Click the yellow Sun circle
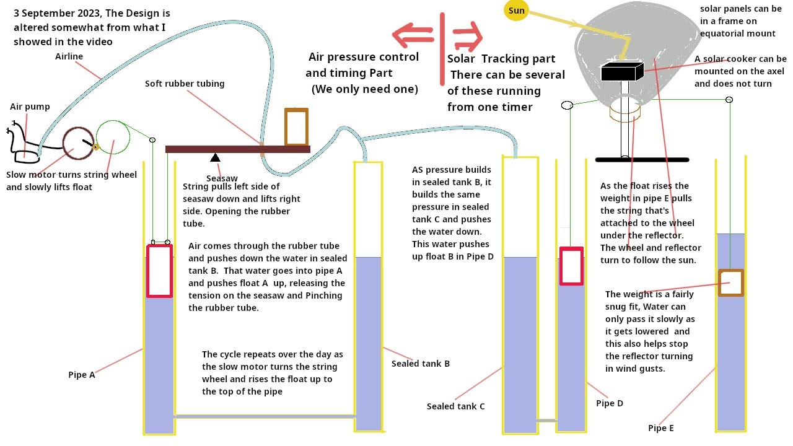point(516,10)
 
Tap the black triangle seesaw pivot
point(215,157)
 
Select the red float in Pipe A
point(159,271)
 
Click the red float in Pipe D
point(571,266)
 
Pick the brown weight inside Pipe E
point(730,282)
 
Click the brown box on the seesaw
point(296,127)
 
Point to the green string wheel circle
point(113,137)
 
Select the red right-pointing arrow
point(467,35)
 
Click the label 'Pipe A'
point(82,375)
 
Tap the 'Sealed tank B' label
point(421,364)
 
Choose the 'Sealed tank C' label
point(456,406)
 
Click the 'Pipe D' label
point(610,403)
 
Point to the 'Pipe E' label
point(661,428)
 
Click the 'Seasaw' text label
point(221,178)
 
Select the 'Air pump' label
point(30,107)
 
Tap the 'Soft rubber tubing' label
point(185,84)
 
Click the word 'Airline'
point(69,56)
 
